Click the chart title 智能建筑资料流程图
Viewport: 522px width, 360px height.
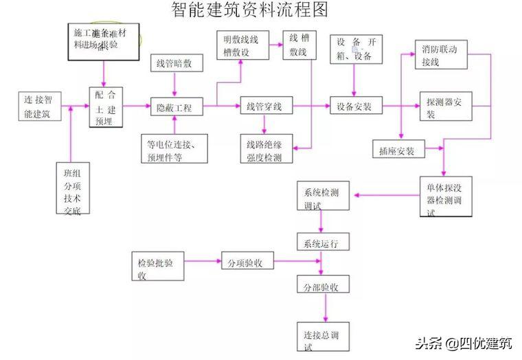click(x=249, y=10)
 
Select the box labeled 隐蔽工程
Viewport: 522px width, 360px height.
click(x=174, y=107)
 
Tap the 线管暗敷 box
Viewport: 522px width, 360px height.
click(x=174, y=64)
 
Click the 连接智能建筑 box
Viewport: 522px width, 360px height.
click(x=43, y=106)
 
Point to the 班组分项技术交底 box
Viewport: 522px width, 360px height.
click(x=72, y=188)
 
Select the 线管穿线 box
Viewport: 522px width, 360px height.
click(x=265, y=107)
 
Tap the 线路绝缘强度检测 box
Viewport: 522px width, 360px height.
click(x=265, y=150)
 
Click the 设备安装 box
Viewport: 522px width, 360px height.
click(x=354, y=107)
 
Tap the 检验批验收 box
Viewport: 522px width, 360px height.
click(x=158, y=266)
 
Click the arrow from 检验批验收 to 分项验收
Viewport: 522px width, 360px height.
click(x=203, y=262)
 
